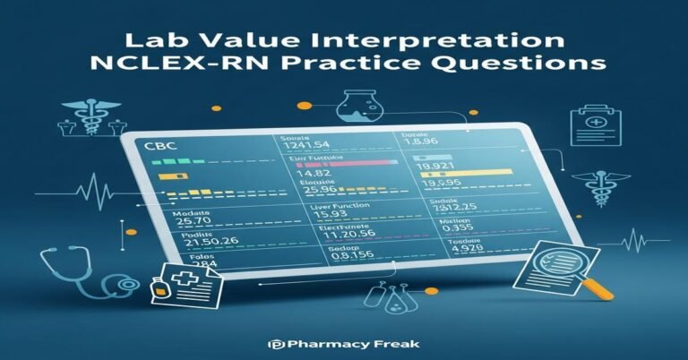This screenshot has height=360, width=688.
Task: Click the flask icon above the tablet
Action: coord(361,109)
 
